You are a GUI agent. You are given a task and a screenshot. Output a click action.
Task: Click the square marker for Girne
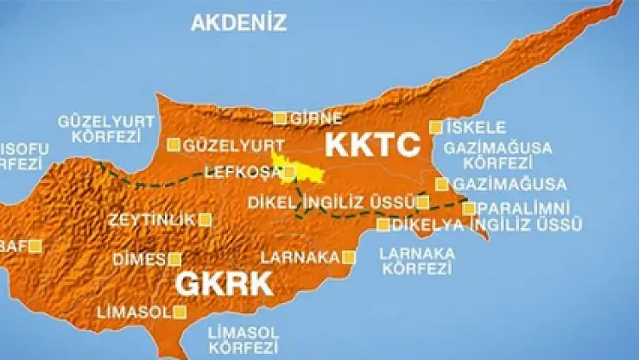click(x=280, y=118)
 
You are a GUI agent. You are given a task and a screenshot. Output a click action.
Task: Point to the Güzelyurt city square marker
click(x=174, y=145)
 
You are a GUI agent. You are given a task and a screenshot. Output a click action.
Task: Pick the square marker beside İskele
click(x=436, y=127)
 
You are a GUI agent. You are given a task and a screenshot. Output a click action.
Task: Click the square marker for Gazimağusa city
click(x=442, y=184)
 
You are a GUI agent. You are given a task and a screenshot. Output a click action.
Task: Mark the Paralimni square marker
click(x=468, y=208)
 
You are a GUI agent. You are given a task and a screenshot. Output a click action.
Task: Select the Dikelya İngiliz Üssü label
click(x=486, y=225)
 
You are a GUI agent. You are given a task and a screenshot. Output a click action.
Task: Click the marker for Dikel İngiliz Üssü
click(x=423, y=203)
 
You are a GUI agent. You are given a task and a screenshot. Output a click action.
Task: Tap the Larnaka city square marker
click(x=349, y=256)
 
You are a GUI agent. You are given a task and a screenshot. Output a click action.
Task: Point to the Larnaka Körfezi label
click(x=417, y=260)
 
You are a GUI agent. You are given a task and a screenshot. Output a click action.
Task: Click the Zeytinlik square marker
click(x=205, y=219)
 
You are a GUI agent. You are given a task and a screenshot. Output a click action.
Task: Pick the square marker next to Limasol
click(x=181, y=312)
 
